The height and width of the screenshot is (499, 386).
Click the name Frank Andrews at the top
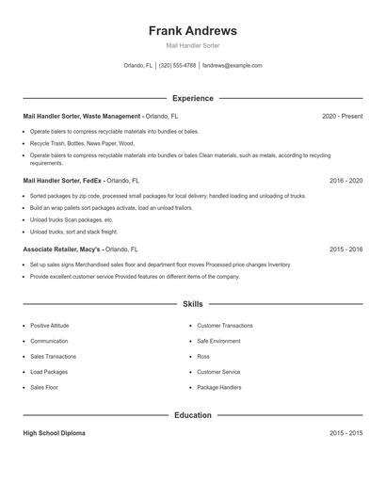[192, 31]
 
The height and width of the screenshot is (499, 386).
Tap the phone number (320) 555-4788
[177, 66]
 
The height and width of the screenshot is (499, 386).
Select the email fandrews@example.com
[232, 66]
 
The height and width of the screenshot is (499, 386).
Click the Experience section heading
[192, 98]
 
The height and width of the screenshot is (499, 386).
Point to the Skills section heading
[192, 304]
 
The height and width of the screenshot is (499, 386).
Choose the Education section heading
[192, 415]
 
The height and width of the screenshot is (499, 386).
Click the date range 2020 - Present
[342, 116]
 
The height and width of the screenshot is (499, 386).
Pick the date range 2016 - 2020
[346, 180]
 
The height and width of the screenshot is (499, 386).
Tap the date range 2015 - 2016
[346, 249]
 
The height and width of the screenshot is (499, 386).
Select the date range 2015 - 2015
[346, 433]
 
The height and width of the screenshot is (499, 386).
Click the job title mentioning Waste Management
[83, 116]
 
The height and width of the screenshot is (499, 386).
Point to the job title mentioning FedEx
[62, 180]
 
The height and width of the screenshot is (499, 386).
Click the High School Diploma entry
[54, 433]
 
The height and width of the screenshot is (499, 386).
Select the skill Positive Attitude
[49, 326]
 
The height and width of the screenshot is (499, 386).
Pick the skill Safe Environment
[218, 341]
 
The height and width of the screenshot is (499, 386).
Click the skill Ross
[202, 357]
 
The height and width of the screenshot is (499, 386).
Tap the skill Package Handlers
[218, 387]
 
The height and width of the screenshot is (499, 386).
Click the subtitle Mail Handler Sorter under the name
[192, 45]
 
